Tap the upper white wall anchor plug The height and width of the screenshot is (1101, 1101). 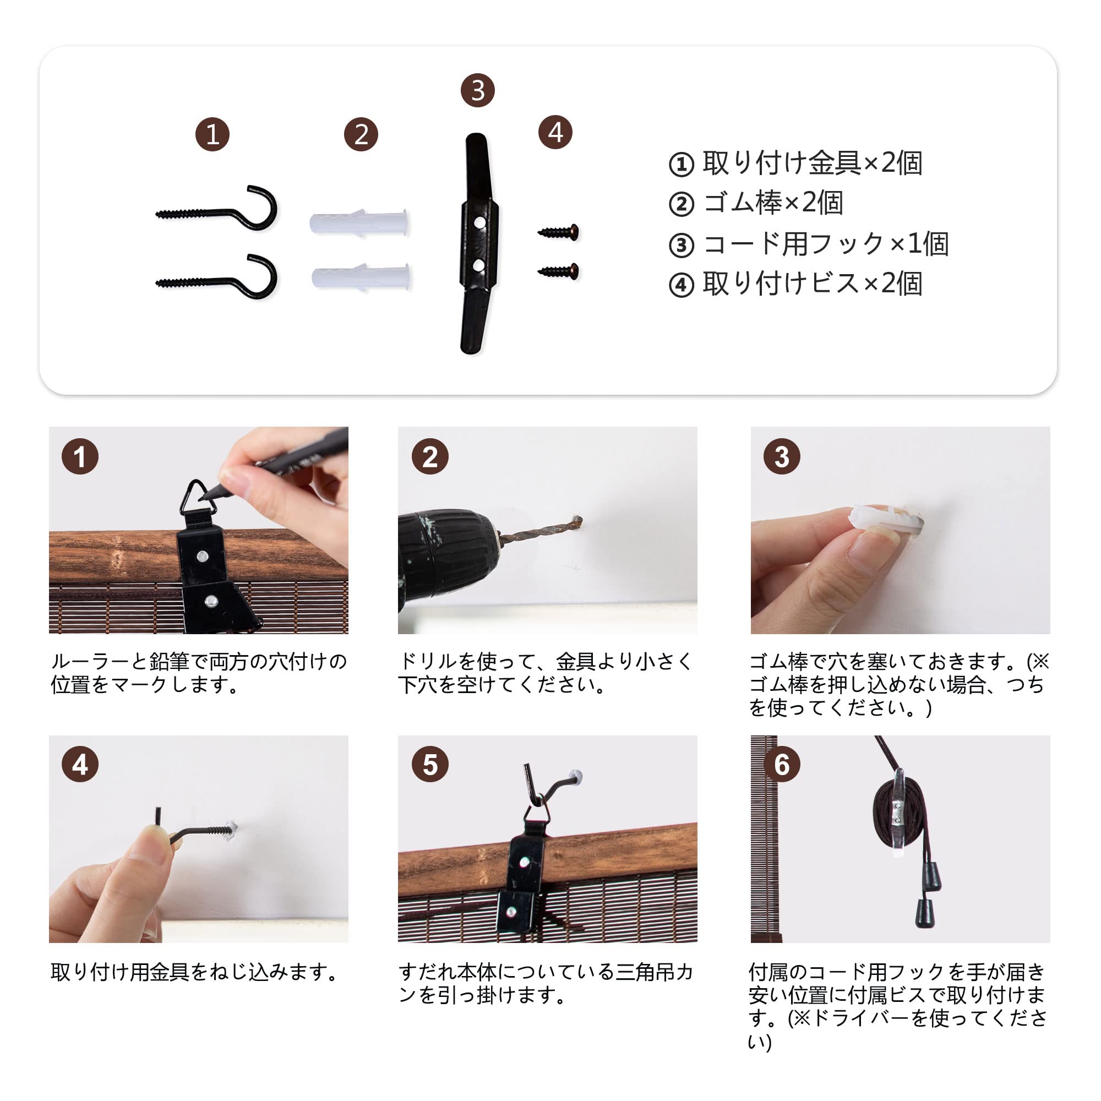pos(359,221)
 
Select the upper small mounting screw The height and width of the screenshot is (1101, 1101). pos(558,232)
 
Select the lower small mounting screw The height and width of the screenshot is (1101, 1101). pos(558,271)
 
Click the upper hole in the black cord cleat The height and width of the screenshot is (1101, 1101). pos(479,222)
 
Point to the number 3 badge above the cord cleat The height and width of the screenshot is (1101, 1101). pos(477,90)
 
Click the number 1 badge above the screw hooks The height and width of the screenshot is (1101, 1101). pos(212,134)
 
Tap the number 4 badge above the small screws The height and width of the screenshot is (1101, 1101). pos(555,132)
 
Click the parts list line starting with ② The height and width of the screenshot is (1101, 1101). pos(756,203)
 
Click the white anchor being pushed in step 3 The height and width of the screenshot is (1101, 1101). pos(886,519)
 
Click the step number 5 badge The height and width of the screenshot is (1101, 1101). pos(430,764)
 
